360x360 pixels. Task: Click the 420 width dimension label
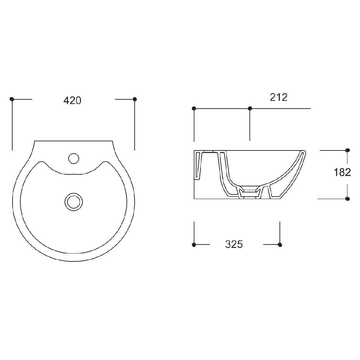[x=72, y=100]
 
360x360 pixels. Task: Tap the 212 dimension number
[x=279, y=98]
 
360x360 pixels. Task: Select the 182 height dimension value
[x=342, y=172]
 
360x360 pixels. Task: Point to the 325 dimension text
[x=234, y=244]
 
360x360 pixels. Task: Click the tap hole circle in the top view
[x=74, y=158]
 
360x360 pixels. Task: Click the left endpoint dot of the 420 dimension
[x=12, y=99]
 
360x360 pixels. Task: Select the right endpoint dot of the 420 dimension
[x=135, y=99]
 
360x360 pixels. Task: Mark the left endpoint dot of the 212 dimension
[x=194, y=108]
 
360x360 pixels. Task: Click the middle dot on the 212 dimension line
[x=250, y=108]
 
